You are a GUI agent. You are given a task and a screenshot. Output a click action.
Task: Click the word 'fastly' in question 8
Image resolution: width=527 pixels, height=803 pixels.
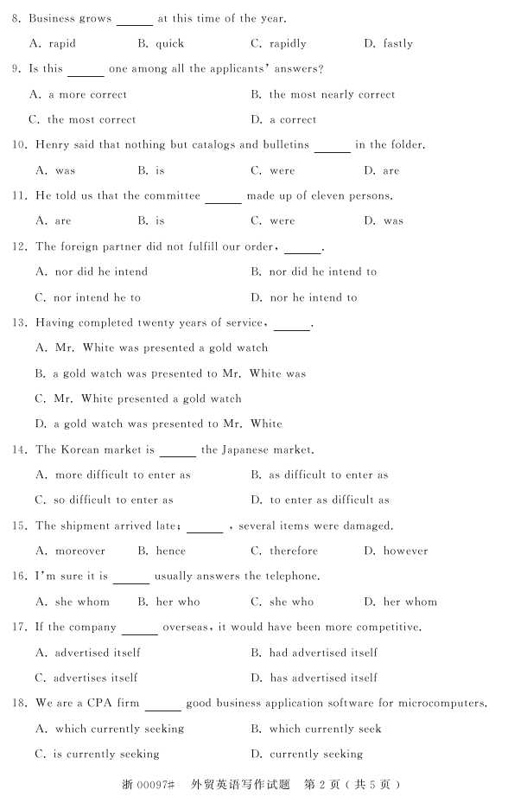coord(397,43)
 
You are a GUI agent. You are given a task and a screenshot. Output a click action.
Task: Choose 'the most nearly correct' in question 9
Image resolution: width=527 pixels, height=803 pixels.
coord(332,94)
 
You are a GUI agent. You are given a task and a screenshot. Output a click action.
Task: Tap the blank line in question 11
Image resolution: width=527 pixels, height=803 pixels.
coord(223,197)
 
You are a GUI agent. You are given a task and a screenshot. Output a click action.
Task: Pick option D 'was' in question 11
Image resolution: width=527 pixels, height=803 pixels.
coord(393,221)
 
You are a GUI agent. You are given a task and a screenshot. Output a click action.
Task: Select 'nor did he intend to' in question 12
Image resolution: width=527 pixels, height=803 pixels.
coord(322,271)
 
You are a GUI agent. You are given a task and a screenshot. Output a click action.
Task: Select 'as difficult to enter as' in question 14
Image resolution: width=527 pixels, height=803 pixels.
coord(328,475)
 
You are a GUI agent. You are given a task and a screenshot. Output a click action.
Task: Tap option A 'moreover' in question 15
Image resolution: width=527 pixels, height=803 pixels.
coord(79,551)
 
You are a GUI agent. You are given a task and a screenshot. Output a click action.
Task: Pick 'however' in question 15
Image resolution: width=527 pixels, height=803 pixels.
coord(405,551)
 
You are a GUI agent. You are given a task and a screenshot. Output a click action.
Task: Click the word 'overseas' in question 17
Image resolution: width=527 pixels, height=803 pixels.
coord(186,628)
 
